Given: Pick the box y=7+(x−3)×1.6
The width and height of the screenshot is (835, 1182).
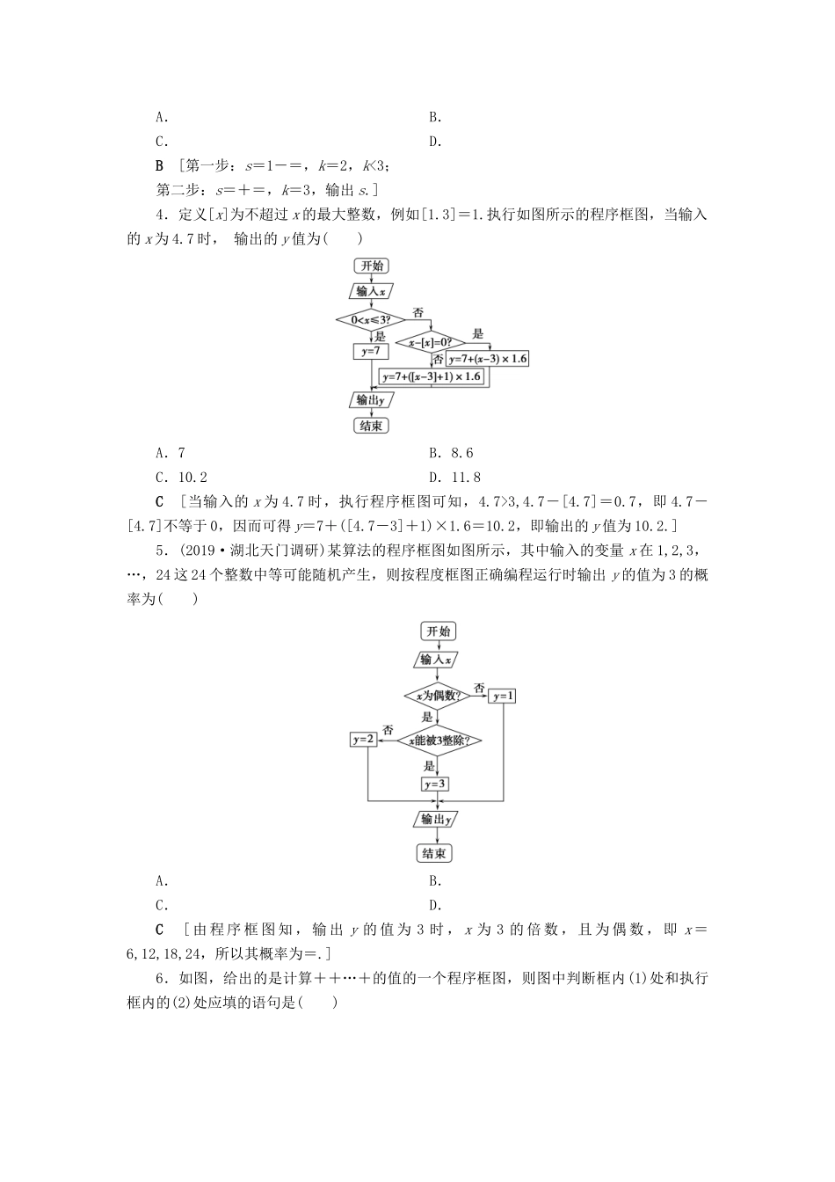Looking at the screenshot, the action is (488, 359).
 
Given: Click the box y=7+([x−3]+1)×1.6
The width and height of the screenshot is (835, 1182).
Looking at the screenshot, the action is (432, 376).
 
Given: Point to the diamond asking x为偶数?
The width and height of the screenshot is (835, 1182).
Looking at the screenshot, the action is (437, 696).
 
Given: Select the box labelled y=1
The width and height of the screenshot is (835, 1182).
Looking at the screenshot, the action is (504, 696).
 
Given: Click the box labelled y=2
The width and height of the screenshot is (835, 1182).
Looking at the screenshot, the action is (364, 740).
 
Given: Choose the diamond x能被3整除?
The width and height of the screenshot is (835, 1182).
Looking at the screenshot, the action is (439, 740).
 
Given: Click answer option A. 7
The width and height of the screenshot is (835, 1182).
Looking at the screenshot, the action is (171, 453).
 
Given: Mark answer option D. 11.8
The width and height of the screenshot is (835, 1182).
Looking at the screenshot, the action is (454, 478).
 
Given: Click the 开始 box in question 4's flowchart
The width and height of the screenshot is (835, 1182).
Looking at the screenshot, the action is (371, 266).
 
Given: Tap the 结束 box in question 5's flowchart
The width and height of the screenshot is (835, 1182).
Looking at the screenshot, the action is (434, 854).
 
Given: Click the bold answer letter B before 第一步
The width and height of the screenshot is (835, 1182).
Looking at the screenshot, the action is (159, 166).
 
